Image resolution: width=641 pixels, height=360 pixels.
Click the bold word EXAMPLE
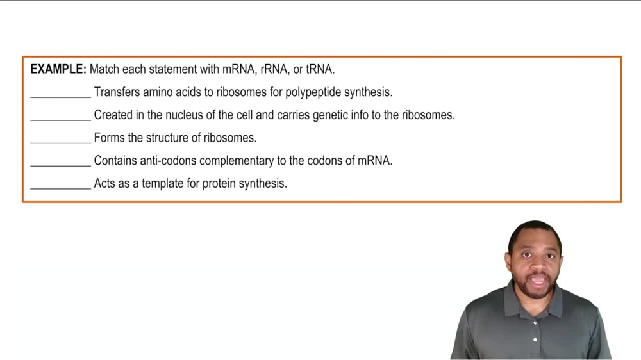coord(58,69)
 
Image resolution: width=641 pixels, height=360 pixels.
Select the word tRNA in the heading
coord(320,69)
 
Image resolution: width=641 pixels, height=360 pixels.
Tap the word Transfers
coord(116,92)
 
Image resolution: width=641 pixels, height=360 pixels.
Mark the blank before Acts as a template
coord(60,186)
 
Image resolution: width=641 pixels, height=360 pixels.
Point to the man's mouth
coord(537,280)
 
